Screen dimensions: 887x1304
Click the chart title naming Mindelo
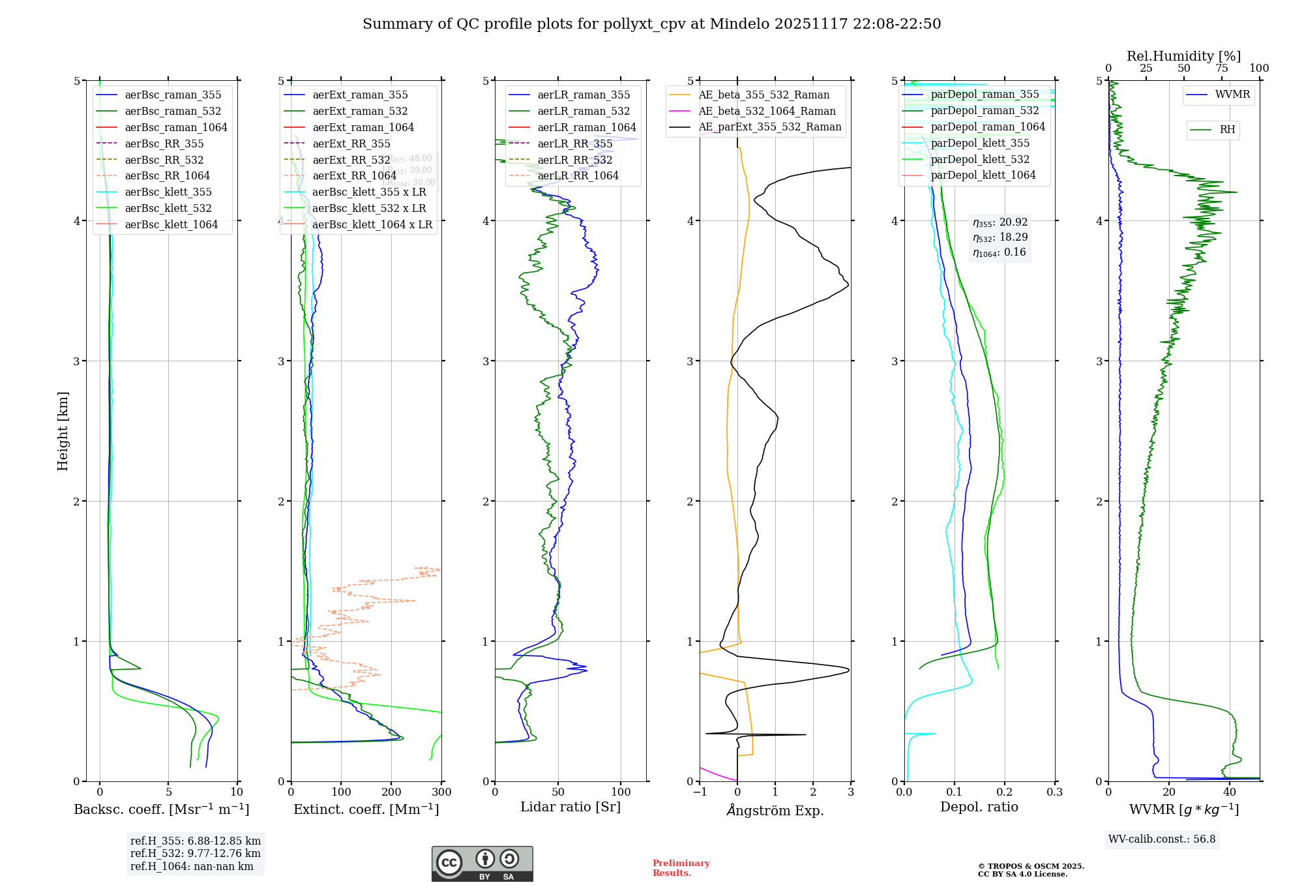coord(651,24)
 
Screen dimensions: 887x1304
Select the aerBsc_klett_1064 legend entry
coord(171,224)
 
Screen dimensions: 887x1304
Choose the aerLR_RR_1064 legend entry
coord(578,175)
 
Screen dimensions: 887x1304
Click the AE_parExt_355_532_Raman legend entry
coord(769,127)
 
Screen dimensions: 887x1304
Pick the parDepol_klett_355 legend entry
coord(980,143)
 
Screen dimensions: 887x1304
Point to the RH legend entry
coord(1227,130)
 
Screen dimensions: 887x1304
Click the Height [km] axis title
coord(63,431)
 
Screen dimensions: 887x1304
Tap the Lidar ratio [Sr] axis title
coord(570,807)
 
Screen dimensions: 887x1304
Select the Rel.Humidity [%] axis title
coord(1183,56)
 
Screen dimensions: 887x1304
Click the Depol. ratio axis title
coord(979,807)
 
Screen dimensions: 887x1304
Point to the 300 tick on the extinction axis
coord(442,792)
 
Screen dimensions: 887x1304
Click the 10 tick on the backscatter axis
coord(237,792)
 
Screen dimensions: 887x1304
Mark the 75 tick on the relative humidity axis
coord(1221,68)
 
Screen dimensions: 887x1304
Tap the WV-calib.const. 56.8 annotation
coord(1162,839)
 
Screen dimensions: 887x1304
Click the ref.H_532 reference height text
coord(195,853)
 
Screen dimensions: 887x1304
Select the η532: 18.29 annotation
coord(1000,237)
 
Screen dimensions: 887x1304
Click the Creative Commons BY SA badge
coord(482,864)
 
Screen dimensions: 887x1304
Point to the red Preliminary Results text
coord(681,867)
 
